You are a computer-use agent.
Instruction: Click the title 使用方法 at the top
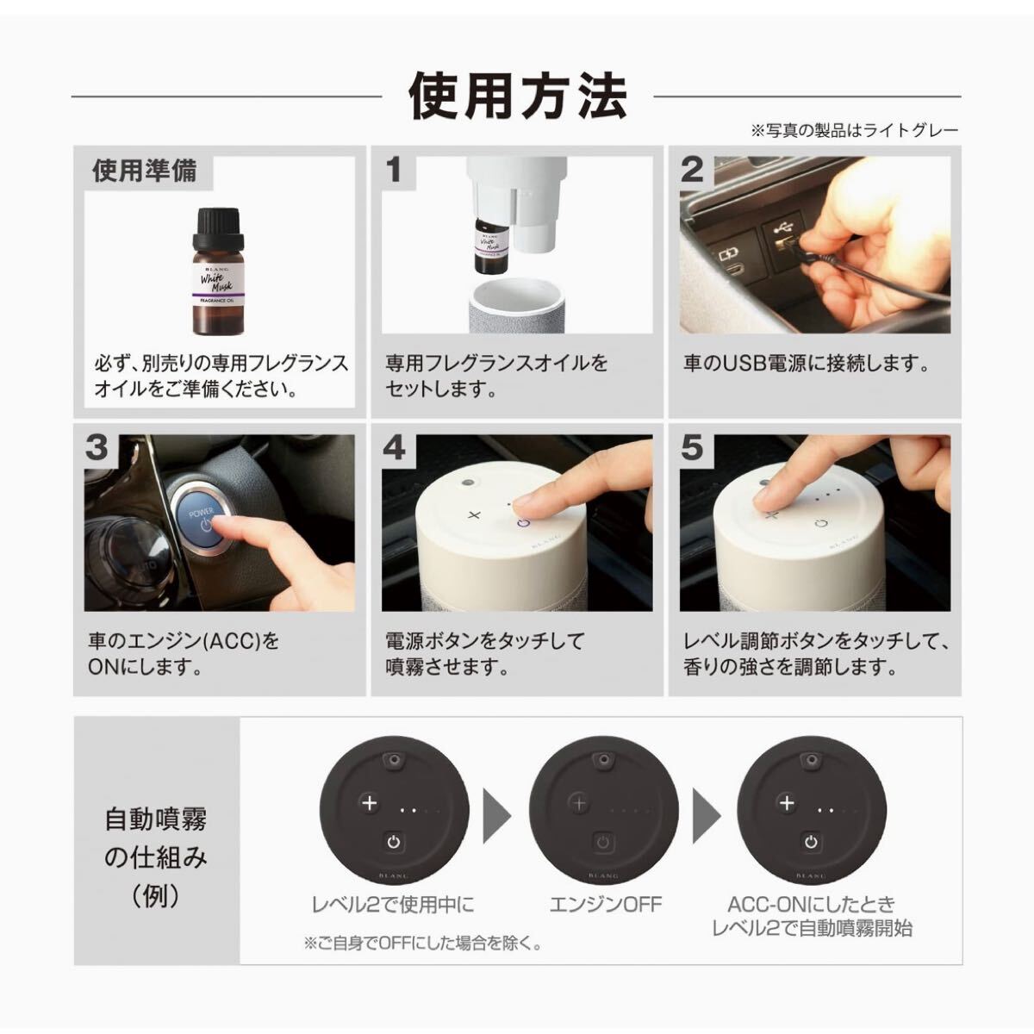pyautogui.click(x=518, y=97)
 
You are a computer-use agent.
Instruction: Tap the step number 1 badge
pyautogui.click(x=394, y=170)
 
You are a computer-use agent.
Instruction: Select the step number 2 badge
pyautogui.click(x=692, y=170)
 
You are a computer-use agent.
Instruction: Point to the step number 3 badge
pyautogui.click(x=97, y=448)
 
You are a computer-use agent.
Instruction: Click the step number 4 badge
pyautogui.click(x=394, y=448)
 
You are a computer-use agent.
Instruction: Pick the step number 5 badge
pyautogui.click(x=692, y=448)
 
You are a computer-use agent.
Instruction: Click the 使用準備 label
pyautogui.click(x=145, y=171)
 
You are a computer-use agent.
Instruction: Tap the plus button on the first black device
pyautogui.click(x=369, y=803)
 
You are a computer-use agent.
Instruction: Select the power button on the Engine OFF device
pyautogui.click(x=602, y=842)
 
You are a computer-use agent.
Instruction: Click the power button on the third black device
pyautogui.click(x=811, y=841)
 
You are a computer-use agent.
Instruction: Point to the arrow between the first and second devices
pyautogui.click(x=497, y=816)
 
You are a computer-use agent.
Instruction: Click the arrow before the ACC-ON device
pyautogui.click(x=707, y=816)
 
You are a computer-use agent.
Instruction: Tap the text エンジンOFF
pyautogui.click(x=605, y=905)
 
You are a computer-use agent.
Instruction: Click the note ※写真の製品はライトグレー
pyautogui.click(x=854, y=130)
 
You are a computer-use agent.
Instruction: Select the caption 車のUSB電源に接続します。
pyautogui.click(x=807, y=364)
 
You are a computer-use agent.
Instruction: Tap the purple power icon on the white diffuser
pyautogui.click(x=523, y=523)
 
